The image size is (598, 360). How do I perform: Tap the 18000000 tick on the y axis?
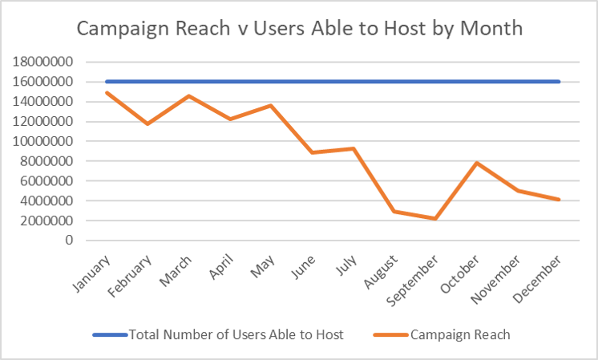(x=49, y=62)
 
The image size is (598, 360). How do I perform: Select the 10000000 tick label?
(x=49, y=141)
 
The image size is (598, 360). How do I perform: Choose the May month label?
(x=263, y=263)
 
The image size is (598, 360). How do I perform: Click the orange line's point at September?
(x=435, y=219)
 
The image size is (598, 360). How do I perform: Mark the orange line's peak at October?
(x=476, y=163)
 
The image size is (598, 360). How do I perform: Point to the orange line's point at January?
(x=107, y=92)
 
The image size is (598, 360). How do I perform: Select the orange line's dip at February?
(x=147, y=124)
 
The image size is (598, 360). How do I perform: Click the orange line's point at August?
(x=394, y=212)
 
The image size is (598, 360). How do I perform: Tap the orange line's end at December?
(x=559, y=200)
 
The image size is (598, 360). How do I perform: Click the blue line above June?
(x=312, y=82)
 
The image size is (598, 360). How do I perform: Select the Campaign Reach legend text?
(x=460, y=335)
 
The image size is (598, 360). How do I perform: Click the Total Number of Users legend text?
(x=236, y=335)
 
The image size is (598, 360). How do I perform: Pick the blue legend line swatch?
(x=109, y=335)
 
